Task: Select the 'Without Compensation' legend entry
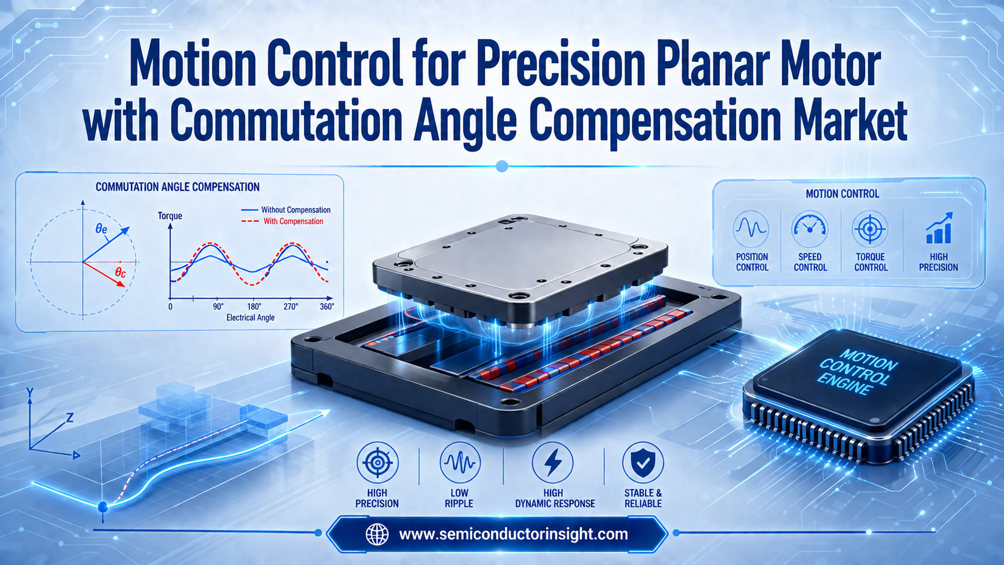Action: click(286, 210)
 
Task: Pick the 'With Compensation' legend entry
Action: click(282, 222)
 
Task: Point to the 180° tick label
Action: click(254, 307)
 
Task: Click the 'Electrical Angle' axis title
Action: click(250, 318)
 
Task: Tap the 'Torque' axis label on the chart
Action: click(170, 216)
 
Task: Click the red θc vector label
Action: click(121, 272)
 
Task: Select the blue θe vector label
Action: click(101, 229)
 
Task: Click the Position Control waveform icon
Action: click(751, 229)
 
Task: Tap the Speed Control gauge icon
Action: click(810, 229)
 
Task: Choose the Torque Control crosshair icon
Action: click(869, 229)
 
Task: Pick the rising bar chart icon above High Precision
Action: click(939, 228)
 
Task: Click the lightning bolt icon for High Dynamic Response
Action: click(552, 462)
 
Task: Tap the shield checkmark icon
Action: click(643, 462)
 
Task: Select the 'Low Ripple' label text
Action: click(459, 498)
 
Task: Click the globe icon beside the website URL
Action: click(377, 534)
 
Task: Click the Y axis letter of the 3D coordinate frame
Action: click(30, 393)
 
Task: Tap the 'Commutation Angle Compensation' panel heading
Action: click(178, 187)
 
